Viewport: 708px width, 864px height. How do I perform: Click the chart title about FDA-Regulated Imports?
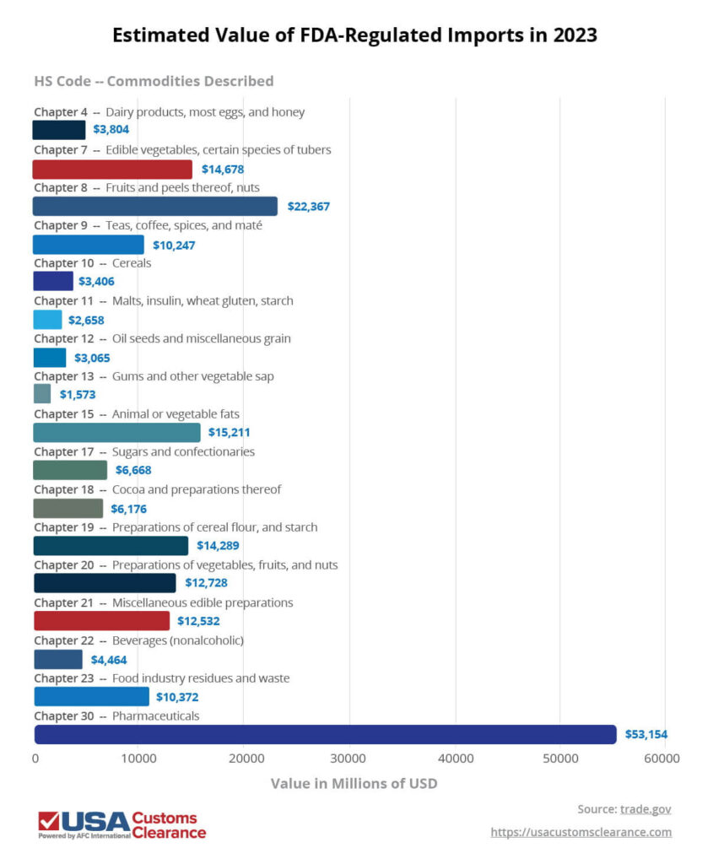pyautogui.click(x=354, y=35)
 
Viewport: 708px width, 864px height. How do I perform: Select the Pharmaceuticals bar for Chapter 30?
pyautogui.click(x=325, y=734)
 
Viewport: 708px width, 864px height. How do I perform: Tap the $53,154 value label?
pyautogui.click(x=646, y=735)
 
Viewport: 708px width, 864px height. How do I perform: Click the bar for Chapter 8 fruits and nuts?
pyautogui.click(x=154, y=206)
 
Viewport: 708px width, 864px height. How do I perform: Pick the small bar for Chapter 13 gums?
pyautogui.click(x=42, y=394)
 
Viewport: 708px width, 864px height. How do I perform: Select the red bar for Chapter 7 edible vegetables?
pyautogui.click(x=112, y=169)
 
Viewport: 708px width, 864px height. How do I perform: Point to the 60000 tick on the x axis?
pyautogui.click(x=662, y=759)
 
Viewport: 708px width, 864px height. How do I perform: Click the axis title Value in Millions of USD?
pyautogui.click(x=354, y=783)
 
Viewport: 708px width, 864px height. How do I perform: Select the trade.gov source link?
pyautogui.click(x=646, y=809)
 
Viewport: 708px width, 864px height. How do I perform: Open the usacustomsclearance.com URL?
pyautogui.click(x=581, y=833)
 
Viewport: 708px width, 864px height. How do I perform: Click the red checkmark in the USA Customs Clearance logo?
pyautogui.click(x=48, y=821)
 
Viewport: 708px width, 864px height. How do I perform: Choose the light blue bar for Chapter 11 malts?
pyautogui.click(x=47, y=320)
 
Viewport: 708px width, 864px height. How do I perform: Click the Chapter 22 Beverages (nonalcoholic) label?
pyautogui.click(x=138, y=640)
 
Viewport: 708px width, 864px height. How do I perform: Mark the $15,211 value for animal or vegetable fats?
pyautogui.click(x=230, y=433)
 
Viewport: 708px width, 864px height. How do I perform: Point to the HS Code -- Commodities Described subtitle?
pyautogui.click(x=154, y=81)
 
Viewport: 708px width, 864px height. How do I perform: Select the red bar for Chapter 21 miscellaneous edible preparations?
pyautogui.click(x=101, y=621)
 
